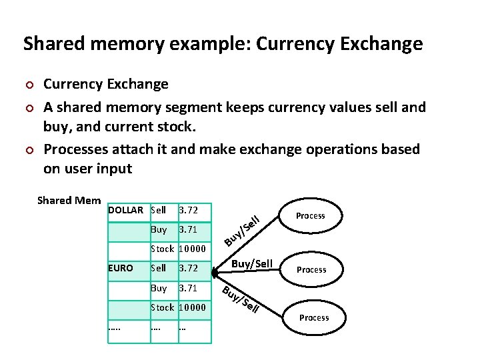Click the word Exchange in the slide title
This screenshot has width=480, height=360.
point(384,44)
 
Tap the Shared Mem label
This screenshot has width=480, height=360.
point(69,200)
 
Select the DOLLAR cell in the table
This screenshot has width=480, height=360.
point(125,210)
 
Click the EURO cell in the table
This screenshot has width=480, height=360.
point(121,268)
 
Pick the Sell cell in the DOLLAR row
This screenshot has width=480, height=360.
point(159,210)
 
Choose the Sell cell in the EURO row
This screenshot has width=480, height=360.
point(159,268)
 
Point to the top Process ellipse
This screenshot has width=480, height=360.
point(310,215)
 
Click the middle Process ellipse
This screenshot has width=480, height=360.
point(311,269)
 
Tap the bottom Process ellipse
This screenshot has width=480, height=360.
point(313,317)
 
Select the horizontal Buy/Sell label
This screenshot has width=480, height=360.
point(251,263)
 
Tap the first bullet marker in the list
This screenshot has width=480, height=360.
point(28,85)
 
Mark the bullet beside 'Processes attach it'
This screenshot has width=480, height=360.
point(28,150)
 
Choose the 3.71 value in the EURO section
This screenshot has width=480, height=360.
point(189,289)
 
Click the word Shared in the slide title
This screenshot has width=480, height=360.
point(51,44)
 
